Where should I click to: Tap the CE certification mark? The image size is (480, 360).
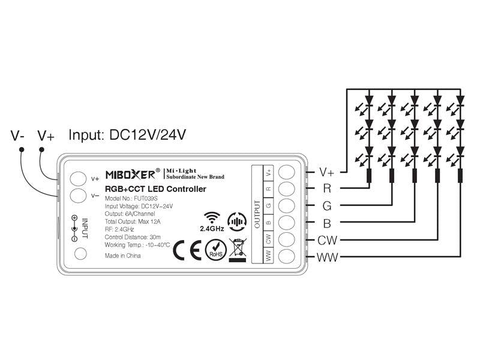pos(187,250)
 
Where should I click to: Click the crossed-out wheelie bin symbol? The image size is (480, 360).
pos(238,250)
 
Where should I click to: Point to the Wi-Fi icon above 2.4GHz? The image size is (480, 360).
pos(212,218)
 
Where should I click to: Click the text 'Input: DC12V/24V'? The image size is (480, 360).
pos(127,134)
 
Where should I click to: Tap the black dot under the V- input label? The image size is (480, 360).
pos(22,149)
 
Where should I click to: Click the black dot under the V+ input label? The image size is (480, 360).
pos(41,149)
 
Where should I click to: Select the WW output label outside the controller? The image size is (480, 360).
pos(327,257)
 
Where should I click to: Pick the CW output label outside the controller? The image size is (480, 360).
pos(327,241)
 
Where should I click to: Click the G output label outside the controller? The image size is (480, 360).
pos(327,206)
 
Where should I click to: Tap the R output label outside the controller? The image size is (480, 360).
pos(327,188)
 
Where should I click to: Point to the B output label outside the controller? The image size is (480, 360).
pos(327,223)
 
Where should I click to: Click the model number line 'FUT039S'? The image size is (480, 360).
pos(131,199)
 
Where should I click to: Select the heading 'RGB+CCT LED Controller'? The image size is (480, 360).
pos(155,189)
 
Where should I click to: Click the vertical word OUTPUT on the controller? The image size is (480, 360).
pos(257,214)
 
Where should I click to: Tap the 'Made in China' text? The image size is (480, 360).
pos(123,256)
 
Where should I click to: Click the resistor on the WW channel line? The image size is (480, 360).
pos(460,176)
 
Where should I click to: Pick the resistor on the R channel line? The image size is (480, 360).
pos(369,176)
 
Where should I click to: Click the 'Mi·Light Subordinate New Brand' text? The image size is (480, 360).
pos(195,173)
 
